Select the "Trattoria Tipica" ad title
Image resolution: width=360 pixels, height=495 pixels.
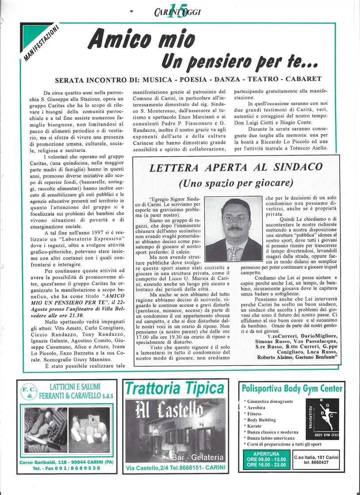(175, 388)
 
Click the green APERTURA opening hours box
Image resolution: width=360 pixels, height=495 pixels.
(266, 459)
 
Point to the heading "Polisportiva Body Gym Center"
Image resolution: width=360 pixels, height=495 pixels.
(292, 388)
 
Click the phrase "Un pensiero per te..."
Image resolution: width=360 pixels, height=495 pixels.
(239, 62)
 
